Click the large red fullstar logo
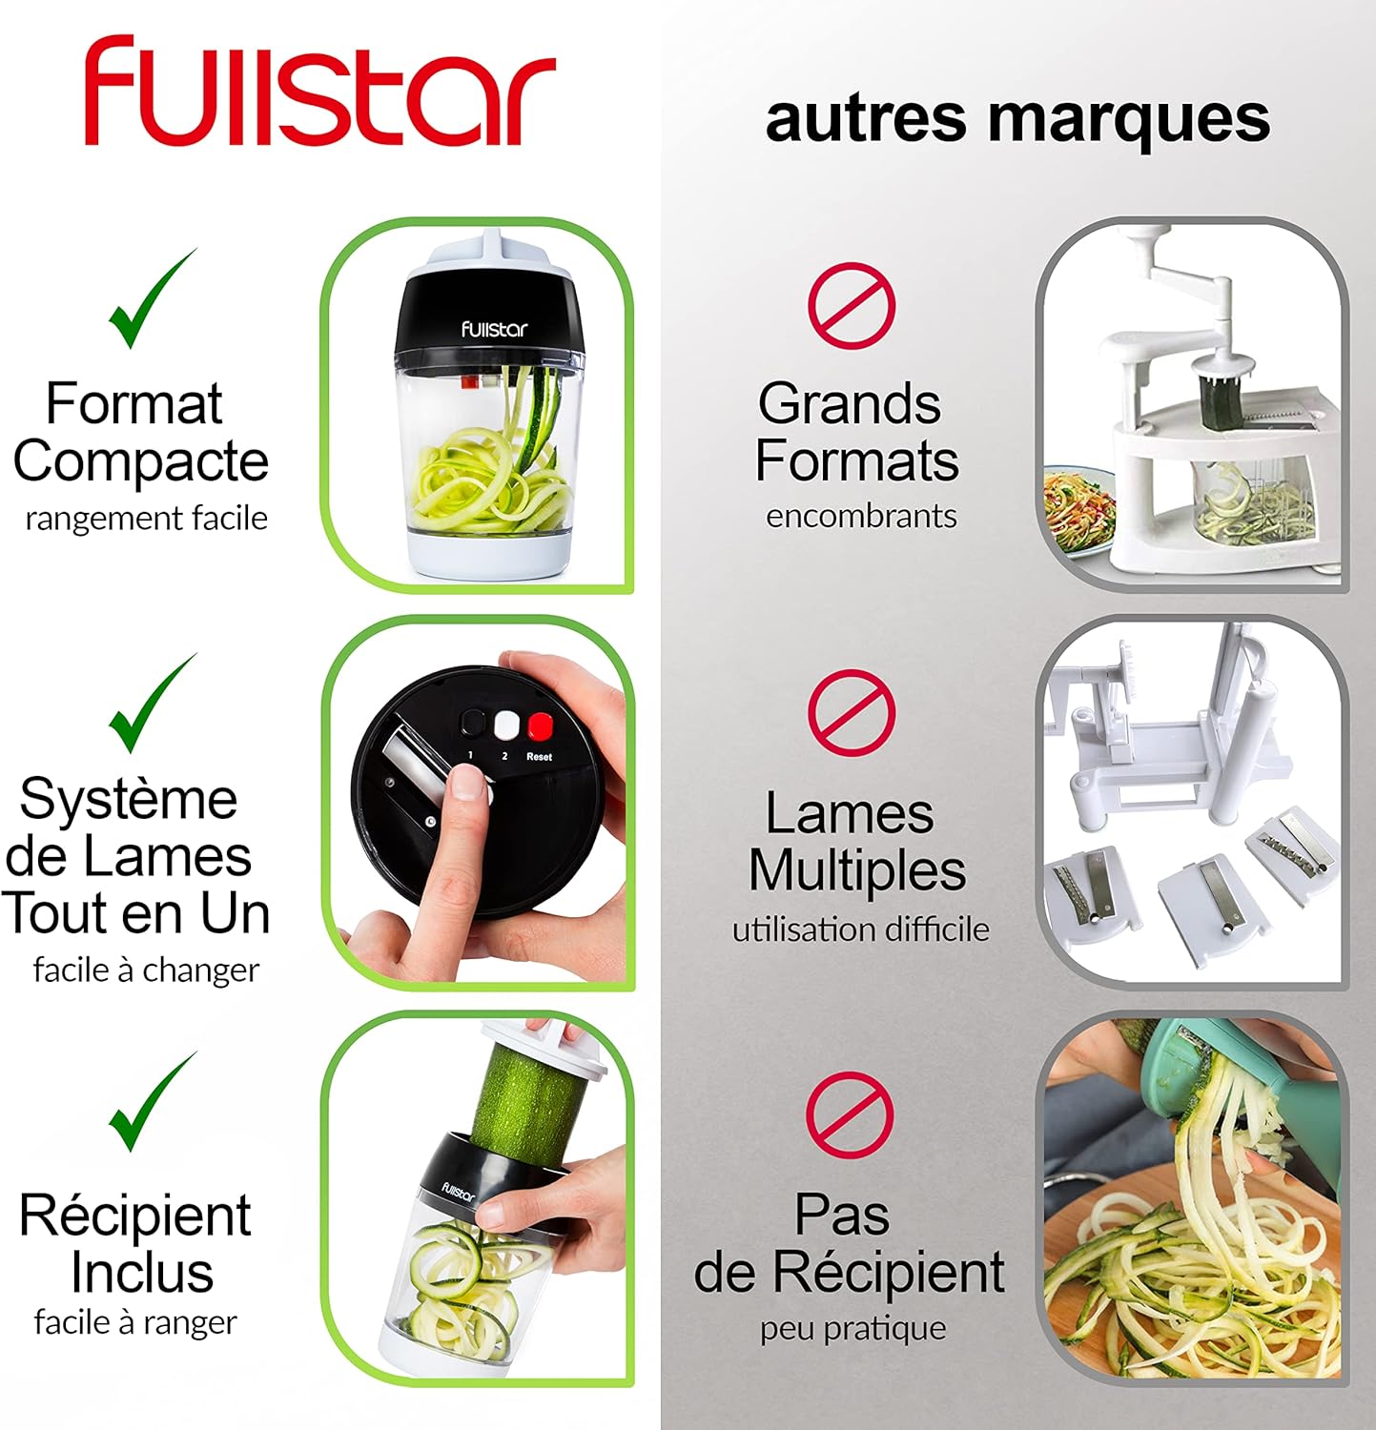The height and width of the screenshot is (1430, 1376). (319, 92)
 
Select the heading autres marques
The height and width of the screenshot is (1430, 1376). (1017, 118)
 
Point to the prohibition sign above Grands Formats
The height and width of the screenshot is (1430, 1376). (852, 305)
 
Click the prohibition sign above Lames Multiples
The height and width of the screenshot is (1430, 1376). (852, 712)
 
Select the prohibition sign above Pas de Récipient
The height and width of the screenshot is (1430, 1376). (850, 1114)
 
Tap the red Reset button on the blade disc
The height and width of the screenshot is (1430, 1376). (541, 726)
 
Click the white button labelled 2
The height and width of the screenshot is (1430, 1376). (505, 726)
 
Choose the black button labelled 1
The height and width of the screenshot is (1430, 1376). (472, 724)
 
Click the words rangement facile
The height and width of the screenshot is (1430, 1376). (146, 519)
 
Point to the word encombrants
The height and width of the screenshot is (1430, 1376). (861, 516)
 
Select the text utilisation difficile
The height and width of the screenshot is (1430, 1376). (860, 929)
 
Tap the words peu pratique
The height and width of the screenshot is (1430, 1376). (852, 1328)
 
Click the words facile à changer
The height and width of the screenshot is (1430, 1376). (146, 970)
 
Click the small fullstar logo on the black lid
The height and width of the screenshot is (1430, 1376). (493, 330)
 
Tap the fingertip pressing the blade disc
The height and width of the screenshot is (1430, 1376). (465, 786)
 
